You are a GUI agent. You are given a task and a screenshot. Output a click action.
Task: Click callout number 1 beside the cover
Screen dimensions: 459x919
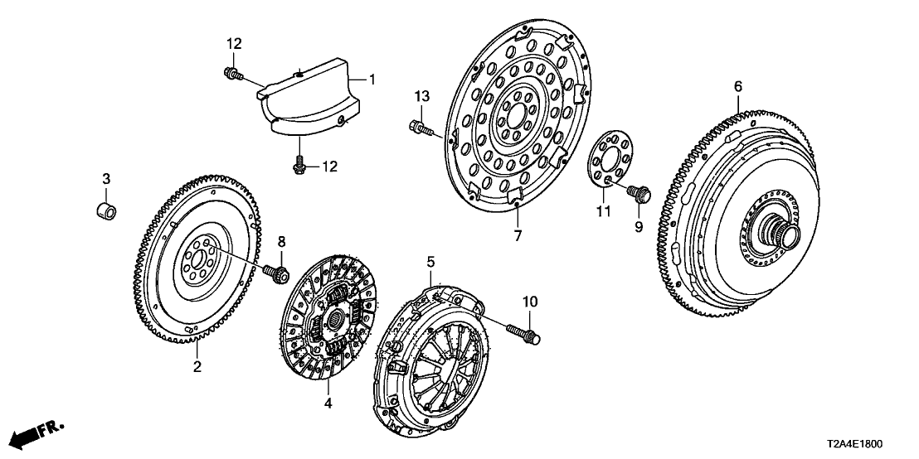372,80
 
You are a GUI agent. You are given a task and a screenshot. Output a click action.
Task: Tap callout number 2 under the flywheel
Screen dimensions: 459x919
197,366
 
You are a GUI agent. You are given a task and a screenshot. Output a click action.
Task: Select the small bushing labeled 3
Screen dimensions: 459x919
106,208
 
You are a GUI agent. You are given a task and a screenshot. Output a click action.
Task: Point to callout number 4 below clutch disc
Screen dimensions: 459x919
328,404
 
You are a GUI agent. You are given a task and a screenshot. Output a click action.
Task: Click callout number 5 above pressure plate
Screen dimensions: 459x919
430,262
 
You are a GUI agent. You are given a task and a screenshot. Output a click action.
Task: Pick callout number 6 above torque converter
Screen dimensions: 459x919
738,85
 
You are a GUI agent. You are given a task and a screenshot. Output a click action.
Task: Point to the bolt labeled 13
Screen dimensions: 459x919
420,128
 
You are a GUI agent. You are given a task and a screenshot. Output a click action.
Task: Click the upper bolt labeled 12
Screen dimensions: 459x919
233,76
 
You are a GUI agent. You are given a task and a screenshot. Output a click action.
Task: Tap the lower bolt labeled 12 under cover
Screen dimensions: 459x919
299,167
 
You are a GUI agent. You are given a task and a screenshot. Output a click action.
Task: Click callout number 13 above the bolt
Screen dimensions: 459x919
422,98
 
